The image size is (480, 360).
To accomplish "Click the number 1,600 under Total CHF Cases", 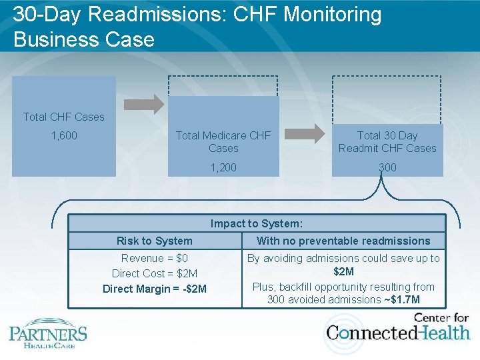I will [x=64, y=135].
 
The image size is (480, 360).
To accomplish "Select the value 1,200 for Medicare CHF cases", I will [x=223, y=167].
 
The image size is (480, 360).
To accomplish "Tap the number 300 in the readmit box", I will [x=387, y=167].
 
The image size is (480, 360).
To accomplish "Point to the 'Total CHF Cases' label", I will [x=64, y=117].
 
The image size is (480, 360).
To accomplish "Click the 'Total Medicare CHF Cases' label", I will [x=223, y=141].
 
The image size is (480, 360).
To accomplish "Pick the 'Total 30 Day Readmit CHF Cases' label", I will [x=387, y=141].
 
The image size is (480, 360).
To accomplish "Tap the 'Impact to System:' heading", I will [x=257, y=224].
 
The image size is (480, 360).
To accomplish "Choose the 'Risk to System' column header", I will [x=155, y=241].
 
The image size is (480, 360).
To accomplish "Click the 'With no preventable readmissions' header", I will [x=343, y=241].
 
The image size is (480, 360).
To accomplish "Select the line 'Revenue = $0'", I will [x=155, y=258].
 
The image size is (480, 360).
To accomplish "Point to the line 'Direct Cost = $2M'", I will [x=155, y=273].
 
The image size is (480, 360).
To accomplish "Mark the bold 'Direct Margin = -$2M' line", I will [x=155, y=289].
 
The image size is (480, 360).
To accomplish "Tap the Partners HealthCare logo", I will [x=48, y=335].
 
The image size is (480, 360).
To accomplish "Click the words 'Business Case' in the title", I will [x=83, y=39].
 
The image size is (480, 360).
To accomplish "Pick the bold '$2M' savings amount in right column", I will [x=343, y=271].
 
